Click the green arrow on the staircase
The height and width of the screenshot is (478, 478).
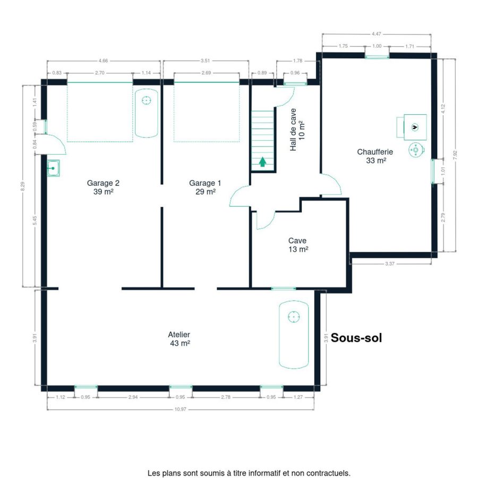coord(262,161)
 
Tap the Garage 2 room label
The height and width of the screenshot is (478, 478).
coord(103,187)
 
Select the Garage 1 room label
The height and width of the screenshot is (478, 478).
coord(205,187)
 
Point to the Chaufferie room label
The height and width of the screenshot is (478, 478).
coord(375,156)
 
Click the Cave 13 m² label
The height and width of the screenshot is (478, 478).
coord(298,245)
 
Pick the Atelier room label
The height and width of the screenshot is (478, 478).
coord(180,339)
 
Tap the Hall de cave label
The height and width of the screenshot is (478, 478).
coord(297,130)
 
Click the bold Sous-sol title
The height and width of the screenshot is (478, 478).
coord(356,338)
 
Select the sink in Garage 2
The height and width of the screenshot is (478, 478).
coord(53,168)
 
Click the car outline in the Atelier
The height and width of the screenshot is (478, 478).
coord(294,335)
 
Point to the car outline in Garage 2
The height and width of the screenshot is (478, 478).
coord(147,113)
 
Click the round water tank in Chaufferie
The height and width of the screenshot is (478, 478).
coord(416,150)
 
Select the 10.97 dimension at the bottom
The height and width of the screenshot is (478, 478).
coord(180,409)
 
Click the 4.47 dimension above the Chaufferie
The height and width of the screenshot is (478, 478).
coord(376,34)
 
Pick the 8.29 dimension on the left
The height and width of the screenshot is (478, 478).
coord(22,186)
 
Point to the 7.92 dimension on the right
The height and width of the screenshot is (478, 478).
coord(455,155)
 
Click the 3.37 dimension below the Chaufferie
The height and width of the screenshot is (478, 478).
coord(390,263)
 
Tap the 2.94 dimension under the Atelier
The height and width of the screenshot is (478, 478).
coord(133,397)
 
